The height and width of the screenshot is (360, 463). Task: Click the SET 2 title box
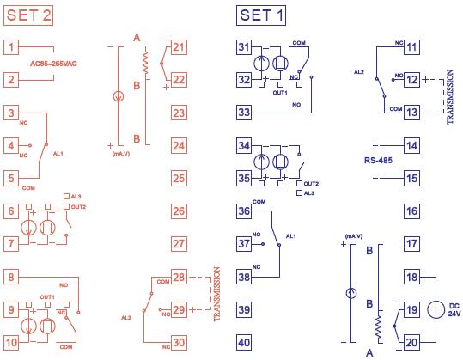(28, 15)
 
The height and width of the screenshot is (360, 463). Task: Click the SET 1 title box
(261, 15)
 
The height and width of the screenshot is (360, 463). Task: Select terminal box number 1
(11, 47)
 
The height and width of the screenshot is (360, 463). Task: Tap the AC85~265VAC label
(53, 64)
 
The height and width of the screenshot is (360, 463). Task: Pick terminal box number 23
(179, 113)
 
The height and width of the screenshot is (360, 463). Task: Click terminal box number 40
(244, 342)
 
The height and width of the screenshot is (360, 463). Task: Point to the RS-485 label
(378, 161)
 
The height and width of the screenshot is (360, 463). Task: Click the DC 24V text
(454, 309)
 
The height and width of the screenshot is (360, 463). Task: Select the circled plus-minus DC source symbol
(436, 309)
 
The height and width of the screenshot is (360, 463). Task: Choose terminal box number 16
(411, 211)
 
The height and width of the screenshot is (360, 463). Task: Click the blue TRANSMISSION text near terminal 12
(450, 97)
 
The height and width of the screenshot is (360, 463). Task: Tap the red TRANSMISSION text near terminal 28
(216, 294)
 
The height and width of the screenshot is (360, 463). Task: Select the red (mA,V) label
(121, 154)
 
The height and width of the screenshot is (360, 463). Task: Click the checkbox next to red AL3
(67, 197)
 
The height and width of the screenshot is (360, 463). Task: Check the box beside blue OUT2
(299, 183)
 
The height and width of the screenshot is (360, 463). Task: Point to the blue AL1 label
(291, 236)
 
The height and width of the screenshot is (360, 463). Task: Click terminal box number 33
(244, 113)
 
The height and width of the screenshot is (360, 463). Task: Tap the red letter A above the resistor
(137, 38)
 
